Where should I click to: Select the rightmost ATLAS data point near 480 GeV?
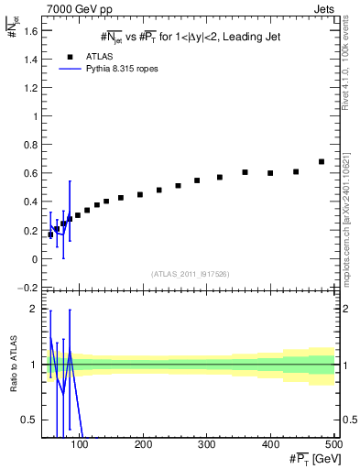coord(322,162)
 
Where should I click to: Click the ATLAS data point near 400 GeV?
coord(270,173)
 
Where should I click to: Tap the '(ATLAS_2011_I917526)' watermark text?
coord(190,273)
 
